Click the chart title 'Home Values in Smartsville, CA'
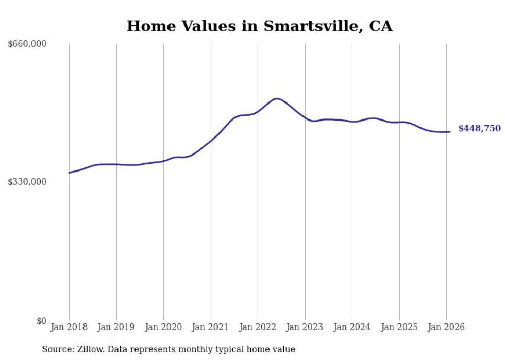tap(260, 26)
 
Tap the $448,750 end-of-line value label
tap(479, 129)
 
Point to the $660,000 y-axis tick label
tap(27, 44)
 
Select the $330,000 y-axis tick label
tap(27, 182)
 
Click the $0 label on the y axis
tap(41, 321)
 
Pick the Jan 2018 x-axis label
tap(69, 328)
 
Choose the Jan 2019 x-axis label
tap(116, 328)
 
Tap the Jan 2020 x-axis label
tap(163, 328)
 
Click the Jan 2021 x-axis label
tap(211, 328)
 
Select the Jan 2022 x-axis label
tap(258, 328)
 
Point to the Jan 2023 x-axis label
tap(305, 328)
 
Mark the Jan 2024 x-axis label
tap(352, 328)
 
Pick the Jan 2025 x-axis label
tap(399, 328)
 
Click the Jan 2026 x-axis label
tap(446, 328)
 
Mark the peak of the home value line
tap(277, 98)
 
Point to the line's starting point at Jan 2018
tap(69, 173)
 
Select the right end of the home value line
tap(450, 132)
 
